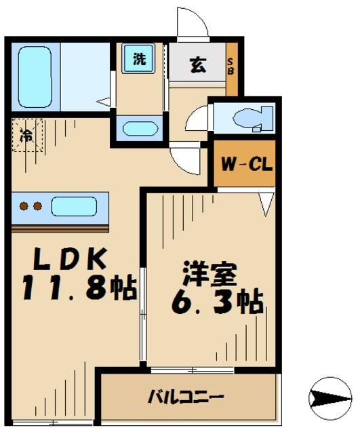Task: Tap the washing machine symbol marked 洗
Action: [x=138, y=59]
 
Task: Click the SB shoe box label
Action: [x=231, y=68]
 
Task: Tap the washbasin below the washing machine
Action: [x=139, y=128]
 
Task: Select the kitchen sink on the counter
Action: [x=73, y=206]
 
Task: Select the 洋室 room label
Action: [x=209, y=275]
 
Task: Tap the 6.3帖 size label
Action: [x=214, y=302]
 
